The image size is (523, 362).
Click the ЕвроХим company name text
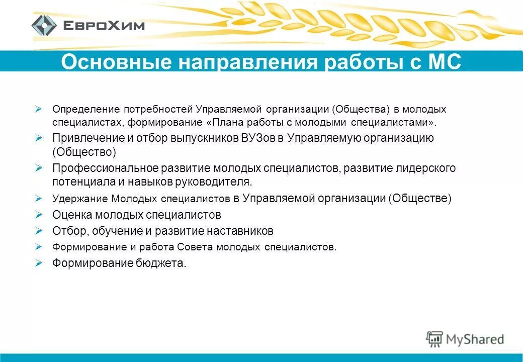104,25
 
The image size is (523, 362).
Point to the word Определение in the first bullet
85,109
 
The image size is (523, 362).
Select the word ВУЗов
258,138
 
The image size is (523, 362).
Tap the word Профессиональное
105,168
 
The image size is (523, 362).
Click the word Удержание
79,199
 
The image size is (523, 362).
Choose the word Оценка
70,215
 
